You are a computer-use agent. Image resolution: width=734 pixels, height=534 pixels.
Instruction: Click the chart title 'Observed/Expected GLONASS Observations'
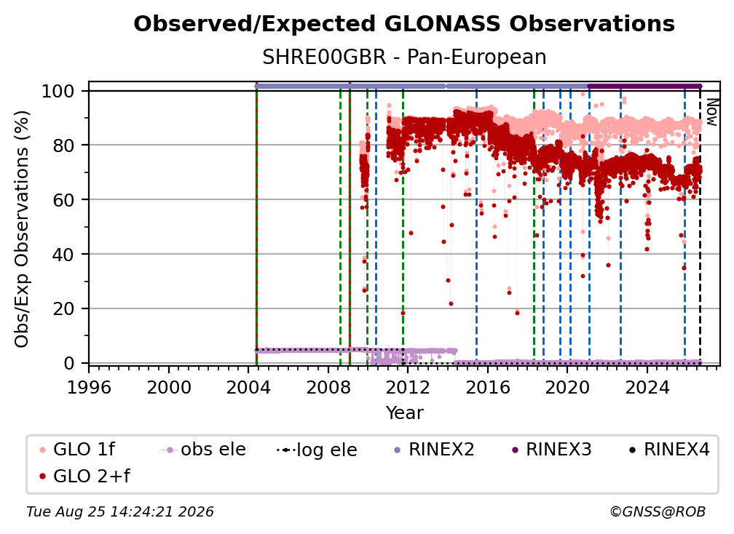(x=404, y=24)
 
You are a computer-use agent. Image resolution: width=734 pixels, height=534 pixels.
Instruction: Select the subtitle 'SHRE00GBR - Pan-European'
(x=404, y=57)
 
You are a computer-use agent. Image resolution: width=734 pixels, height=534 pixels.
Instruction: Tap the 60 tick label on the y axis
(x=63, y=199)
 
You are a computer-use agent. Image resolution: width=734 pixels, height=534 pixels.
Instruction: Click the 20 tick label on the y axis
(x=63, y=308)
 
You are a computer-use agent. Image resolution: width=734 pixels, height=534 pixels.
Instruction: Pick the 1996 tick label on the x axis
(x=89, y=387)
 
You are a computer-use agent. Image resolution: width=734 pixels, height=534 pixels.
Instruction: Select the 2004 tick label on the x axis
(x=248, y=387)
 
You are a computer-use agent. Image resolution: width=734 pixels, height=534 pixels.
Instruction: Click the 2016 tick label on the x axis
(x=488, y=387)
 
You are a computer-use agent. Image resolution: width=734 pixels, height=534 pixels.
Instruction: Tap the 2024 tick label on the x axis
(x=647, y=387)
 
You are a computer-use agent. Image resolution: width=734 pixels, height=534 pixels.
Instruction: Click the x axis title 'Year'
(x=404, y=413)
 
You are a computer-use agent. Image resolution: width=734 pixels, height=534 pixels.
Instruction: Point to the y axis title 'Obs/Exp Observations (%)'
(x=22, y=229)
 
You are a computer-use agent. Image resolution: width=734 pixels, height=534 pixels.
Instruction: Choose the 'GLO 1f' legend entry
(x=77, y=450)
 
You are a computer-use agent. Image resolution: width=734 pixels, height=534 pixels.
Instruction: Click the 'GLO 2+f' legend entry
(x=84, y=476)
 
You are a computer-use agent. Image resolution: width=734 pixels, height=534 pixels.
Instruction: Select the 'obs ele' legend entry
(x=202, y=450)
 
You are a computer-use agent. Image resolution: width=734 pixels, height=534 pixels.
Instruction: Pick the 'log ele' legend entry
(x=317, y=450)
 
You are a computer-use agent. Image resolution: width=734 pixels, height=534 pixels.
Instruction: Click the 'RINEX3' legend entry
(x=551, y=450)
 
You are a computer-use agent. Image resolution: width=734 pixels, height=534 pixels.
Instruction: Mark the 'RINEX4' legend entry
(x=669, y=450)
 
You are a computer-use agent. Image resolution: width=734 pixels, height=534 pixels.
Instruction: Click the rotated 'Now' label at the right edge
(x=711, y=113)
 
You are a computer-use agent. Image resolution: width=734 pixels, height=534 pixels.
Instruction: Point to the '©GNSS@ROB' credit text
(x=658, y=511)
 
